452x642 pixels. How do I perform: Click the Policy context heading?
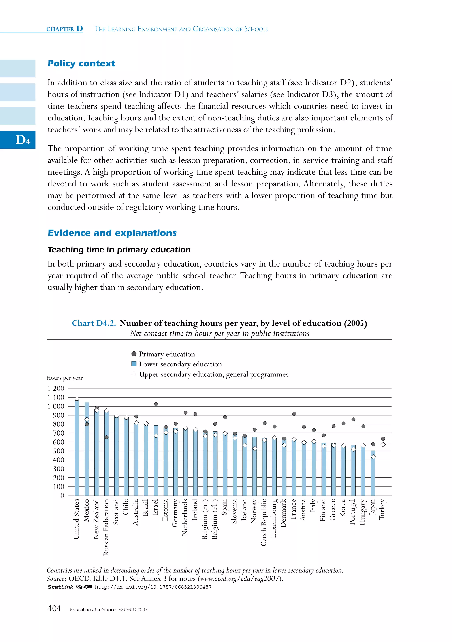(x=81, y=64)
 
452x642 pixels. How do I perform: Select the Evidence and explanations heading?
(x=112, y=233)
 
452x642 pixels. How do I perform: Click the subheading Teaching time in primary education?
(x=119, y=250)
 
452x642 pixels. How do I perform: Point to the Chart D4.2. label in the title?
(x=94, y=323)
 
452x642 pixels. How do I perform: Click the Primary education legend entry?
(x=167, y=354)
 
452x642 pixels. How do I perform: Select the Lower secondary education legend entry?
(x=180, y=364)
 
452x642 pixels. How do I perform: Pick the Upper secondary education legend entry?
(x=213, y=374)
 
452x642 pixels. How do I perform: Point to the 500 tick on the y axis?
(x=58, y=451)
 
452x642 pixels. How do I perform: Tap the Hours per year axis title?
(x=65, y=378)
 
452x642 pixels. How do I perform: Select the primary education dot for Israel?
(x=156, y=404)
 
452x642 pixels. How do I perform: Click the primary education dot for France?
(x=294, y=414)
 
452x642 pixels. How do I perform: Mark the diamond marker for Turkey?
(x=383, y=445)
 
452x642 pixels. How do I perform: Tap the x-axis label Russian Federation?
(x=106, y=527)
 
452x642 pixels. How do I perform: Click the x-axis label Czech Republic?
(x=264, y=522)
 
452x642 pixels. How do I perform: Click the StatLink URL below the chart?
(x=153, y=587)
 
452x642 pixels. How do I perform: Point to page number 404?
(x=54, y=609)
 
